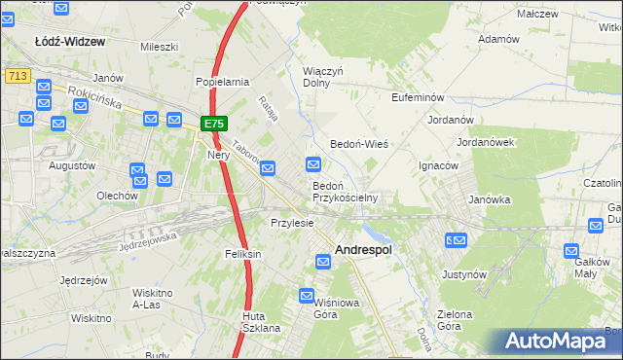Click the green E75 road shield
point(214,125)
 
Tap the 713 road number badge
point(15,75)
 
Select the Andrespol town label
point(363,249)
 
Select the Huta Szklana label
point(261,322)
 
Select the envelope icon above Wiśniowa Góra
point(308,295)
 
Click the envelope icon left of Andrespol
point(322,259)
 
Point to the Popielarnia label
point(223,83)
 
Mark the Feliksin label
point(243,254)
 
